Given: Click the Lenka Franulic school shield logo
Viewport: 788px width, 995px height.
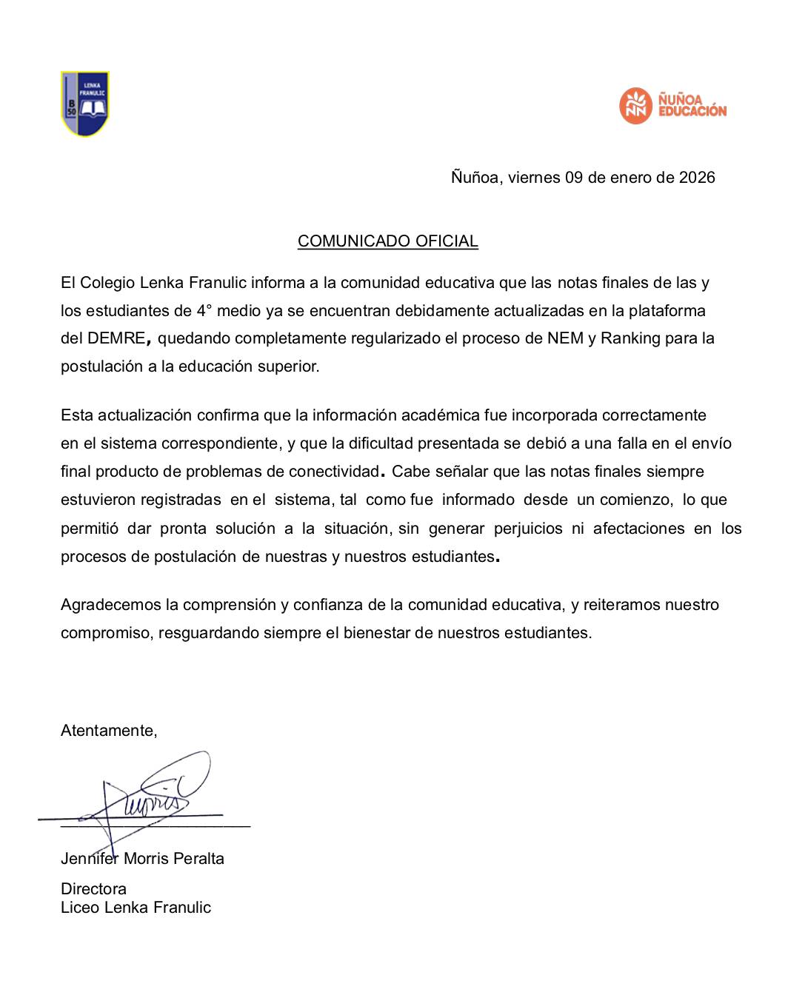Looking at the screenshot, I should (x=85, y=104).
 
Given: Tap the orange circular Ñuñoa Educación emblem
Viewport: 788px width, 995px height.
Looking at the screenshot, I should (x=635, y=105).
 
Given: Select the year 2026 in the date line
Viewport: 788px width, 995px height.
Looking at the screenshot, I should (x=697, y=178).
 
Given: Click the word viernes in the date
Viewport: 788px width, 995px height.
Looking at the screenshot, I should (x=534, y=178).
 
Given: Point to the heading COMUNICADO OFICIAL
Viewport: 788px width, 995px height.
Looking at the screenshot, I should (x=387, y=241).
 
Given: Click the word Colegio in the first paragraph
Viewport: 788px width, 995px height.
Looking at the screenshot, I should (x=107, y=283).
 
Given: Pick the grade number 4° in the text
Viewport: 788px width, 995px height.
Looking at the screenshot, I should (x=204, y=311).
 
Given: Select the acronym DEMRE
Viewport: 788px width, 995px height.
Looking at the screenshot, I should (x=116, y=339).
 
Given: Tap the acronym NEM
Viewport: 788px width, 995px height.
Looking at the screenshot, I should (x=566, y=339).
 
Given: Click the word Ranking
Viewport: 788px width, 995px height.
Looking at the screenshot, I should (x=630, y=339).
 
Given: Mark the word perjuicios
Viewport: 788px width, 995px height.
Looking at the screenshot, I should (x=528, y=529).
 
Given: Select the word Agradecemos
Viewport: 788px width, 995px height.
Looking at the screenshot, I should (x=111, y=605).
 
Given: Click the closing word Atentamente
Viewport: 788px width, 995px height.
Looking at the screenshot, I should (x=108, y=731).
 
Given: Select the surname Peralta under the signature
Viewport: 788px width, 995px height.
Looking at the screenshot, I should (x=199, y=859).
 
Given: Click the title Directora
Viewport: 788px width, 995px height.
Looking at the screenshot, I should (x=93, y=889).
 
